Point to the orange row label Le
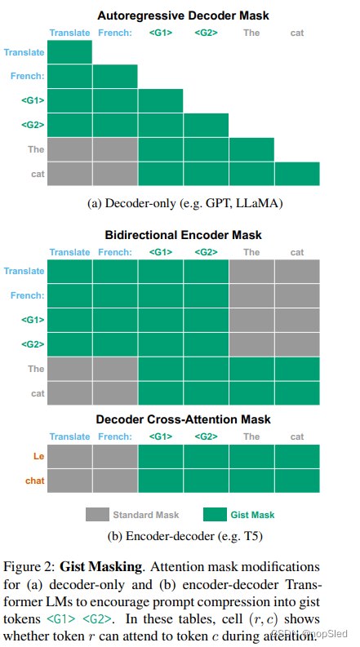point(36,458)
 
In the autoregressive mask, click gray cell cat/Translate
point(69,174)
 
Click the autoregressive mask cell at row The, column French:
point(115,149)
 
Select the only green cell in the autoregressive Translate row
point(69,52)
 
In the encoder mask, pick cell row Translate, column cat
point(297,272)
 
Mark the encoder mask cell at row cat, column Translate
point(69,392)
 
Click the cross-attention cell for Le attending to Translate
point(69,458)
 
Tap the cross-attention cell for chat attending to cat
point(297,481)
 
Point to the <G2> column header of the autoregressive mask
point(206,33)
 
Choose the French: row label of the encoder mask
point(26,295)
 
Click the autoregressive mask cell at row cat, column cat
point(297,174)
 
